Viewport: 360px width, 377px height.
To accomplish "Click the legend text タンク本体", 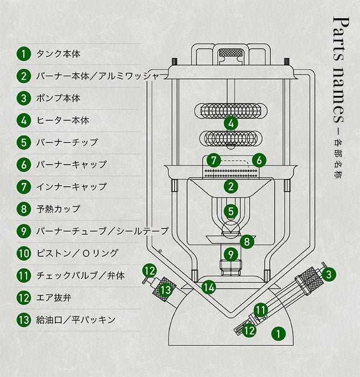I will point(58,54).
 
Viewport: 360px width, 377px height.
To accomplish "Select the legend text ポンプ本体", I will point(58,98).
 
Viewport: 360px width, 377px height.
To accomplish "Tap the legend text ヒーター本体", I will point(62,120).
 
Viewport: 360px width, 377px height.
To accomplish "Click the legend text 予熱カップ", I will point(58,209).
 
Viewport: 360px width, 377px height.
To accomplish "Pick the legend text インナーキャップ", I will point(70,187).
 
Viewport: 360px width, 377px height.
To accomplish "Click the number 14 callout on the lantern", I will point(208,287).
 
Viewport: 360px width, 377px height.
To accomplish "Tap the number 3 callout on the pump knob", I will point(328,273).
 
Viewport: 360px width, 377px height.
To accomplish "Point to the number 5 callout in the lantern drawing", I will point(230,211).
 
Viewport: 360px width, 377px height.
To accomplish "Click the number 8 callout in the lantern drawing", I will point(247,241).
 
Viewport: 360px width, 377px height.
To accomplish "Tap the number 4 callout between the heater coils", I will point(230,123).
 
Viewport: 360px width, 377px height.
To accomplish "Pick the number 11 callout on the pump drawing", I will point(261,309).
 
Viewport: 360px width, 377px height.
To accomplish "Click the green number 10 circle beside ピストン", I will point(23,253).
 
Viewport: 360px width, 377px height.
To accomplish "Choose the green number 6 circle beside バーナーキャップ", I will point(23,165).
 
